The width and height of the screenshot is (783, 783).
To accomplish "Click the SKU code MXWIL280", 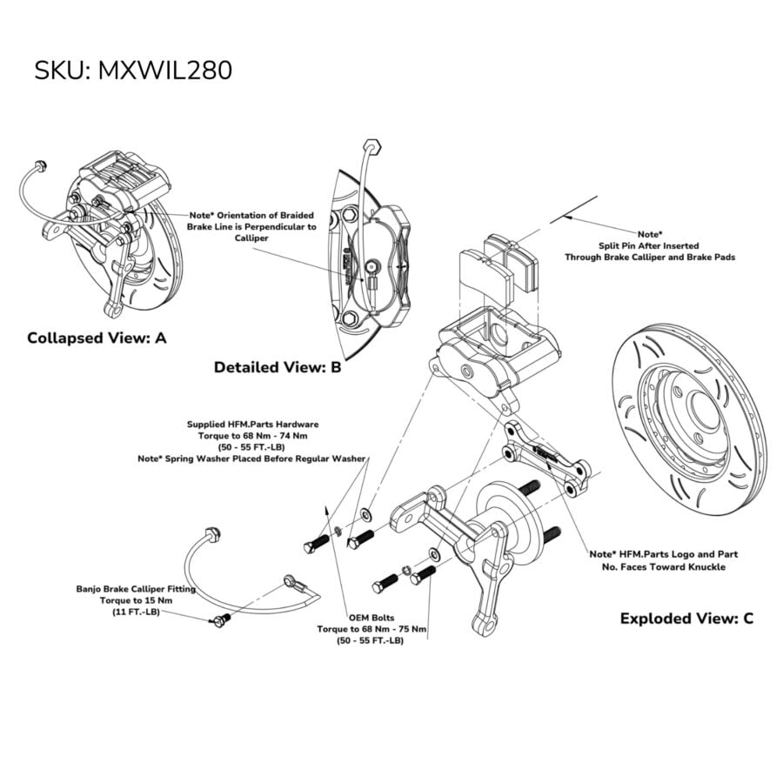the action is point(164,70).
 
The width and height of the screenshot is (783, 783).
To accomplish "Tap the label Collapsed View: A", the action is point(97,338).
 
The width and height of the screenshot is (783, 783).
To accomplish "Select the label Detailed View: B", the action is point(278,367).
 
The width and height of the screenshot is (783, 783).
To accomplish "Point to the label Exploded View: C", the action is point(686,619).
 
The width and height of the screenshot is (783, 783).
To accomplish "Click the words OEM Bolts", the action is point(371,618).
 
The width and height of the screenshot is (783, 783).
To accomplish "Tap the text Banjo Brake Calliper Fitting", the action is point(136,589).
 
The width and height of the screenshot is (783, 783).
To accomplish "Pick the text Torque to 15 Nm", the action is point(136,600).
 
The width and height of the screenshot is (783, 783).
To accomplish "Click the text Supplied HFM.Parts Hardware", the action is point(252,425).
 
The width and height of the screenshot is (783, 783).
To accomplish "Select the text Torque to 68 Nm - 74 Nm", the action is point(252,436).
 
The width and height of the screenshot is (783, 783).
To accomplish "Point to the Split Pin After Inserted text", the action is point(649,245).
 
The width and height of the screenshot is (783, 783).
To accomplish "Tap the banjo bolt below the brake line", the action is point(220,620).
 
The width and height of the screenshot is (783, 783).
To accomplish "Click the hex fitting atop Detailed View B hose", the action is point(372,146).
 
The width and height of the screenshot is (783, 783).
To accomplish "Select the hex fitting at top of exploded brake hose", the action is point(212,533).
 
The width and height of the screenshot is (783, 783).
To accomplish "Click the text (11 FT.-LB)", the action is point(136,612).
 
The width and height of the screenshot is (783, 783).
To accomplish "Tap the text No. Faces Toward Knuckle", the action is point(664,567).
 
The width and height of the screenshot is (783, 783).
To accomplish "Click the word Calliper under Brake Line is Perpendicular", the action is point(251,238).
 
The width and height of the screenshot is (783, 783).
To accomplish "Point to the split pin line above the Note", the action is point(574,209).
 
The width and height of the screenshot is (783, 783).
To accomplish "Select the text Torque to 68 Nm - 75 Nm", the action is point(371,629).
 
